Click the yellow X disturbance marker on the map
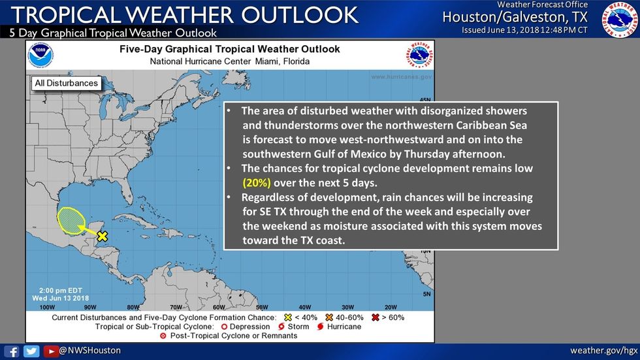[102, 237]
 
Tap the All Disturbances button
[66, 83]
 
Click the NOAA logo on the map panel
[40, 56]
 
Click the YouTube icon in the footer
[50, 351]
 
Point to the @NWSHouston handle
[89, 351]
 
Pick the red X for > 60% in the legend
[374, 317]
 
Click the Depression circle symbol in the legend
[224, 326]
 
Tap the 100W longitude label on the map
[47, 307]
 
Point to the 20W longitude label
[391, 307]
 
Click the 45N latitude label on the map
[425, 99]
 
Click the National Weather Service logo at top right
[619, 19]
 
